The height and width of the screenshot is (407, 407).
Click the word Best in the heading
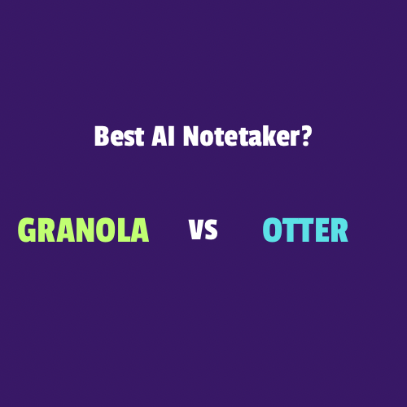[x=119, y=136]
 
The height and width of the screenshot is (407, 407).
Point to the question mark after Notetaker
[x=305, y=136]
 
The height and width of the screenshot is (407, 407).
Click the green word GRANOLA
[x=83, y=230]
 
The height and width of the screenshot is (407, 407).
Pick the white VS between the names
[x=203, y=230]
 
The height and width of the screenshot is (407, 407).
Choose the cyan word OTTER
[x=305, y=230]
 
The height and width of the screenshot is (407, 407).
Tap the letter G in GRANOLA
[x=27, y=230]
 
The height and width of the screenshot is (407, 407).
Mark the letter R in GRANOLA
[x=47, y=230]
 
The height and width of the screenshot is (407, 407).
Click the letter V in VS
[x=196, y=230]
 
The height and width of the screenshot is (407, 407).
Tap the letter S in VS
[x=211, y=230]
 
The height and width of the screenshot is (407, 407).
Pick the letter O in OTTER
[x=272, y=230]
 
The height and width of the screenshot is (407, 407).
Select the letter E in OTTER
[x=322, y=230]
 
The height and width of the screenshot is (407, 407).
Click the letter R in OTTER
[x=339, y=230]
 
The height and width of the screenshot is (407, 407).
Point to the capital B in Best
[x=101, y=136]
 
